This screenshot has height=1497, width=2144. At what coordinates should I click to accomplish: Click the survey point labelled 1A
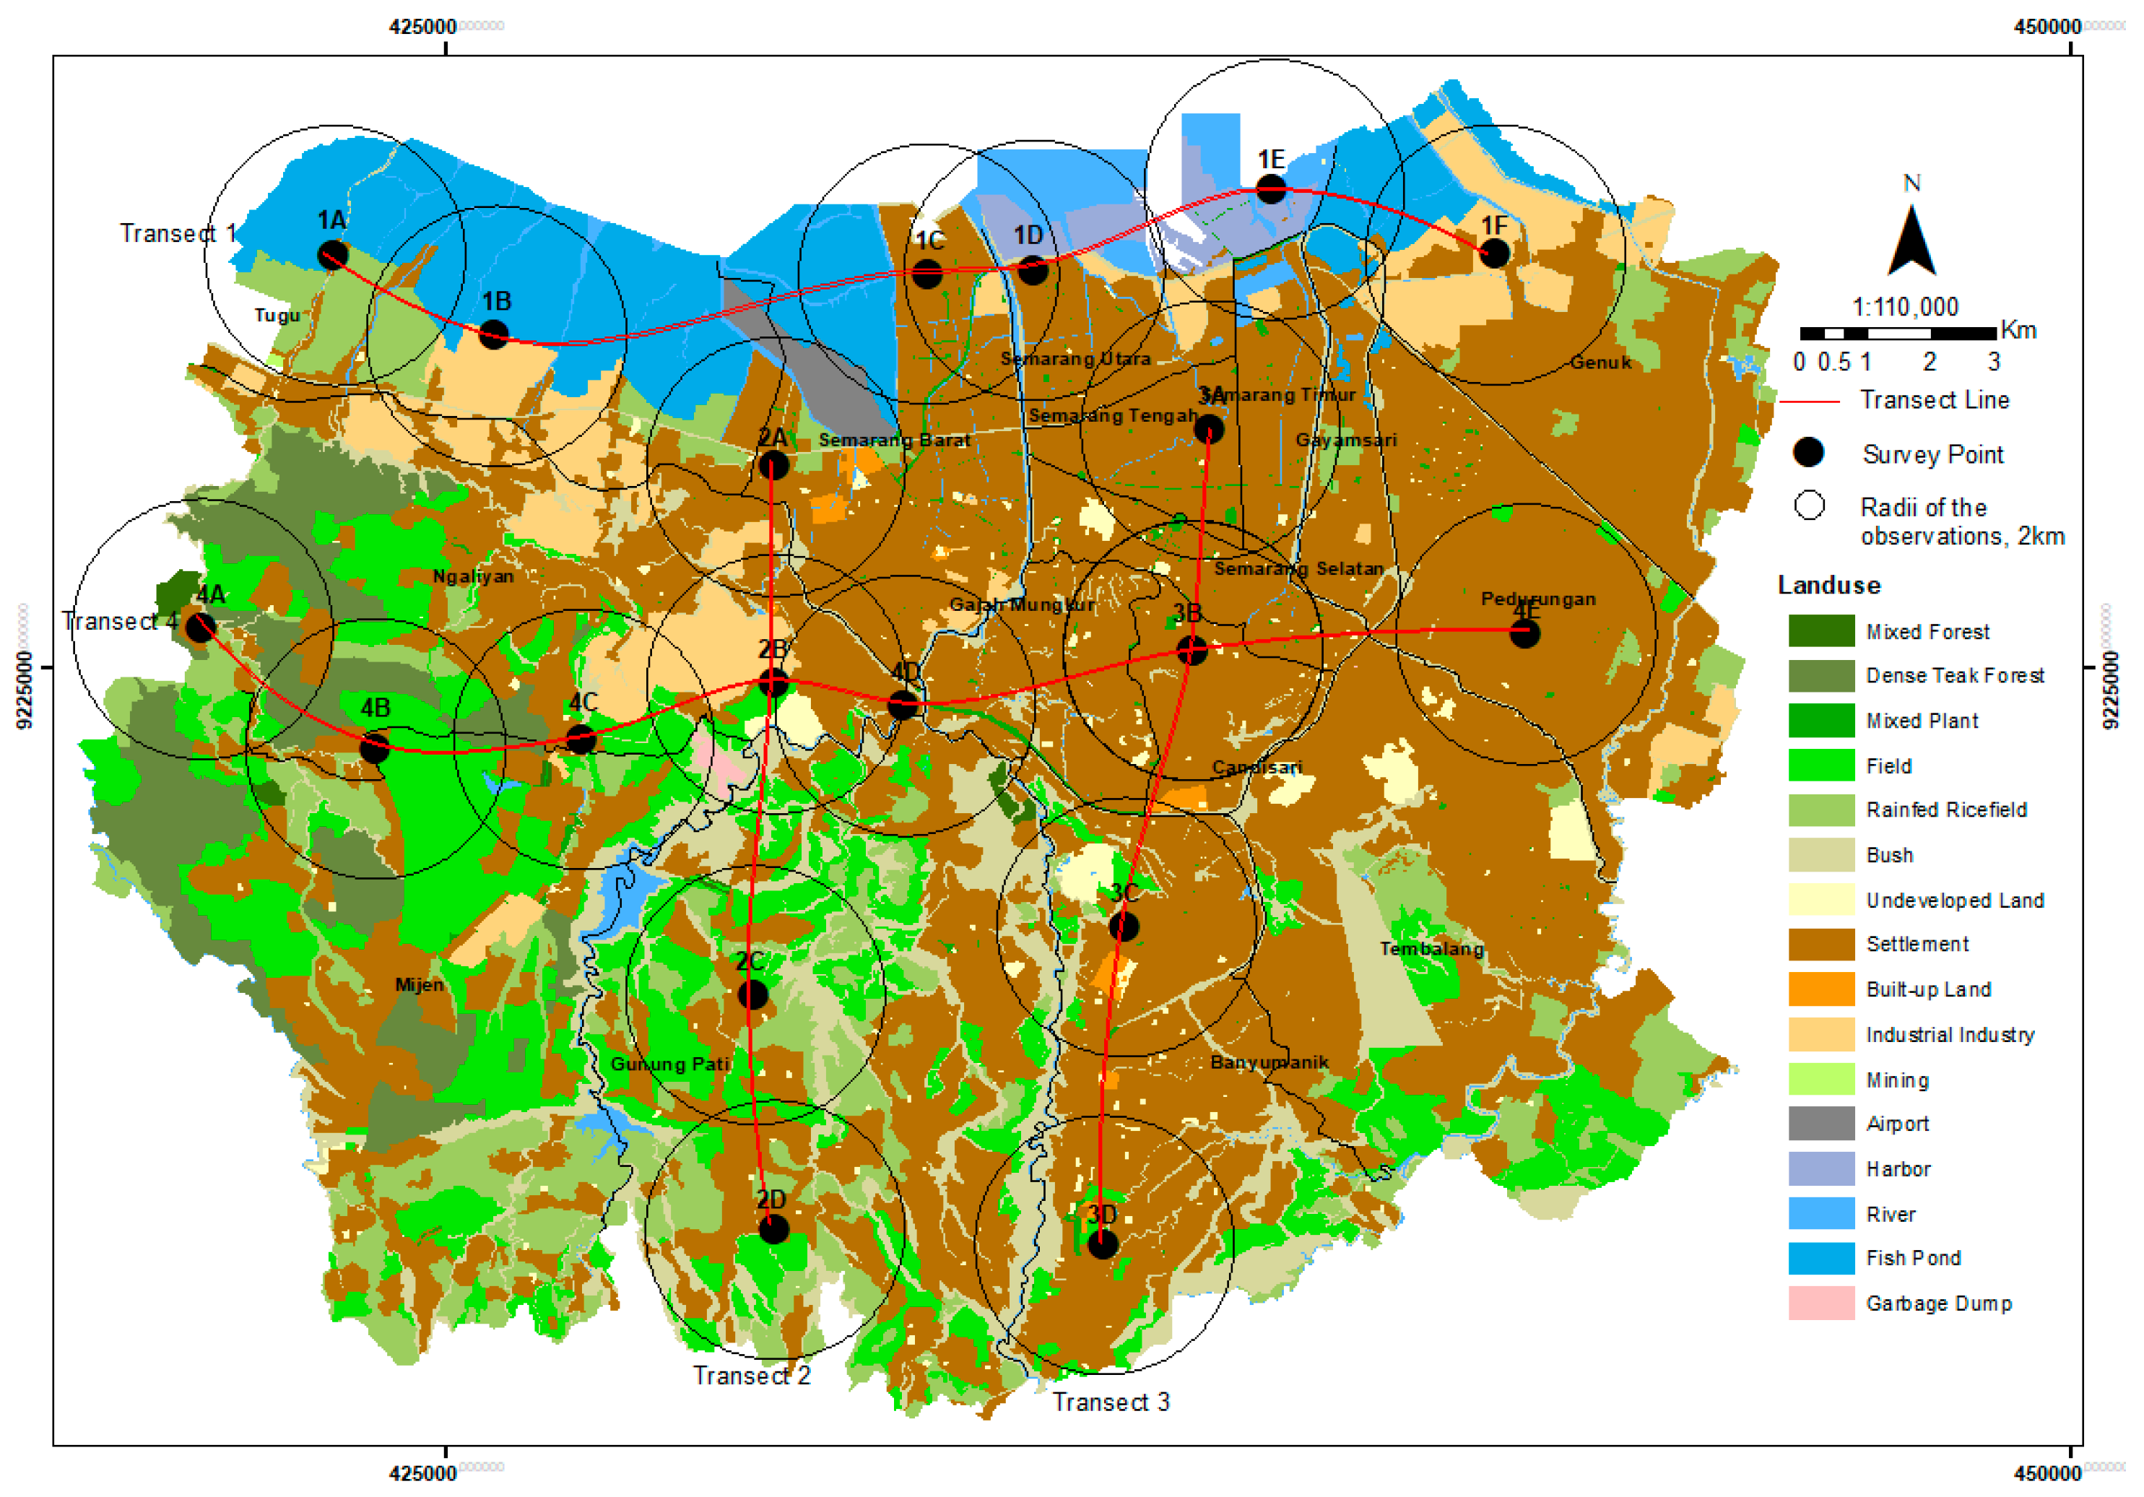pos(332,254)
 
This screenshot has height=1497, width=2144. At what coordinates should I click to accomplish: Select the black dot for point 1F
pos(1495,252)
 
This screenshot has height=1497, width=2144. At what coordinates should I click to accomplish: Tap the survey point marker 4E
pos(1525,633)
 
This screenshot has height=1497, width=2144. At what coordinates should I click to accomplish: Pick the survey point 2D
pos(773,1229)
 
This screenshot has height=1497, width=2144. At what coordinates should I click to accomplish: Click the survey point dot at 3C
pos(1124,927)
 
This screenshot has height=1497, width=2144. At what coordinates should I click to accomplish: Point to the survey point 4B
pos(375,747)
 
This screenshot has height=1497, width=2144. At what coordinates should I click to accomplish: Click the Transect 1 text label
pos(178,233)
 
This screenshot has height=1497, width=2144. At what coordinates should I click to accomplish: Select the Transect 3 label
pos(1111,1402)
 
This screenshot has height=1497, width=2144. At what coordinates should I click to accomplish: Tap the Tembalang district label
pos(1431,949)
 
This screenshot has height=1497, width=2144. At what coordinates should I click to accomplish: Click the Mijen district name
pos(420,984)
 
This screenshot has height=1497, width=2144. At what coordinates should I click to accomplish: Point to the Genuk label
pos(1600,363)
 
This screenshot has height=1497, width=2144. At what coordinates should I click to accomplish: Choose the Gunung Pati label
pos(669,1064)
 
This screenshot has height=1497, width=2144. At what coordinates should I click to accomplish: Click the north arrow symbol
pos(1911,241)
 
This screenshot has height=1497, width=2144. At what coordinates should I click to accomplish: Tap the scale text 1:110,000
pos(1905,306)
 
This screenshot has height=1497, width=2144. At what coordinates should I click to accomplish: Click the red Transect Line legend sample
pos(1809,402)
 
